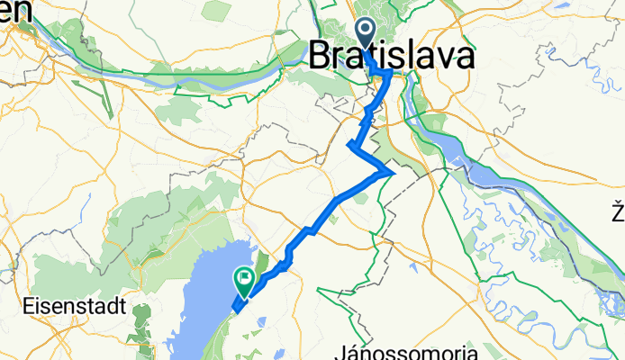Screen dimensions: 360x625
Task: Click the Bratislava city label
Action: [x=391, y=57]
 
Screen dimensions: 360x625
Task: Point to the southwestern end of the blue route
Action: [x=235, y=310]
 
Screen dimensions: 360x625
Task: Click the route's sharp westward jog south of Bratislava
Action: [x=349, y=143]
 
